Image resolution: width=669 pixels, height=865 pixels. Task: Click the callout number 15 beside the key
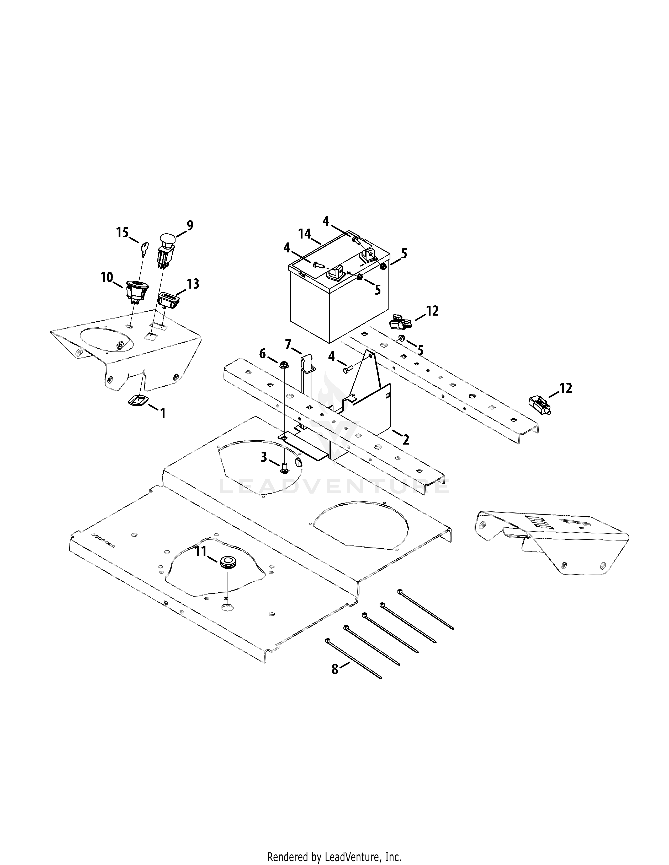tap(123, 233)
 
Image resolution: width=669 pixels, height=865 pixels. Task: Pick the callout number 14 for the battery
tap(305, 234)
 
